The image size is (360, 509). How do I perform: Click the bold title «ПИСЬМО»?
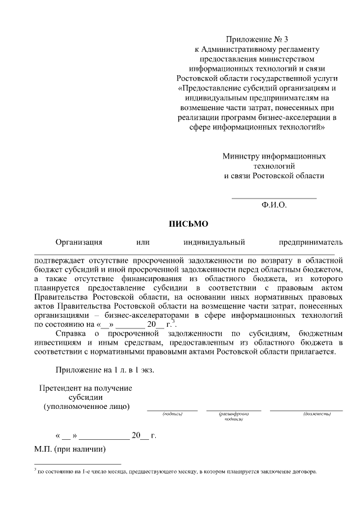click(189, 223)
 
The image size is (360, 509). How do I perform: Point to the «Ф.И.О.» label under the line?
click(274, 205)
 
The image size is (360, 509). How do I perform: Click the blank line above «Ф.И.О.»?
click(274, 197)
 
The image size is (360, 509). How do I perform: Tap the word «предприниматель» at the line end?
click(310, 242)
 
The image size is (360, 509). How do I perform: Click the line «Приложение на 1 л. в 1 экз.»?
click(105, 370)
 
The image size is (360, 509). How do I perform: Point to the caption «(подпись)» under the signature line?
click(172, 414)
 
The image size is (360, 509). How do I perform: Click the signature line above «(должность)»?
click(306, 410)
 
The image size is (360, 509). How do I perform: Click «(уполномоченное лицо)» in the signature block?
click(87, 406)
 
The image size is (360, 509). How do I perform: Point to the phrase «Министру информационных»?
click(274, 156)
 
